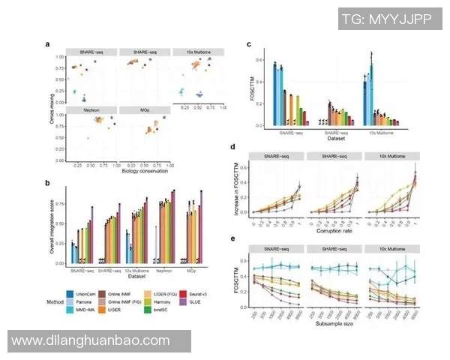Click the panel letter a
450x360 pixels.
click(48, 45)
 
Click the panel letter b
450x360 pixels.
click(48, 182)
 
